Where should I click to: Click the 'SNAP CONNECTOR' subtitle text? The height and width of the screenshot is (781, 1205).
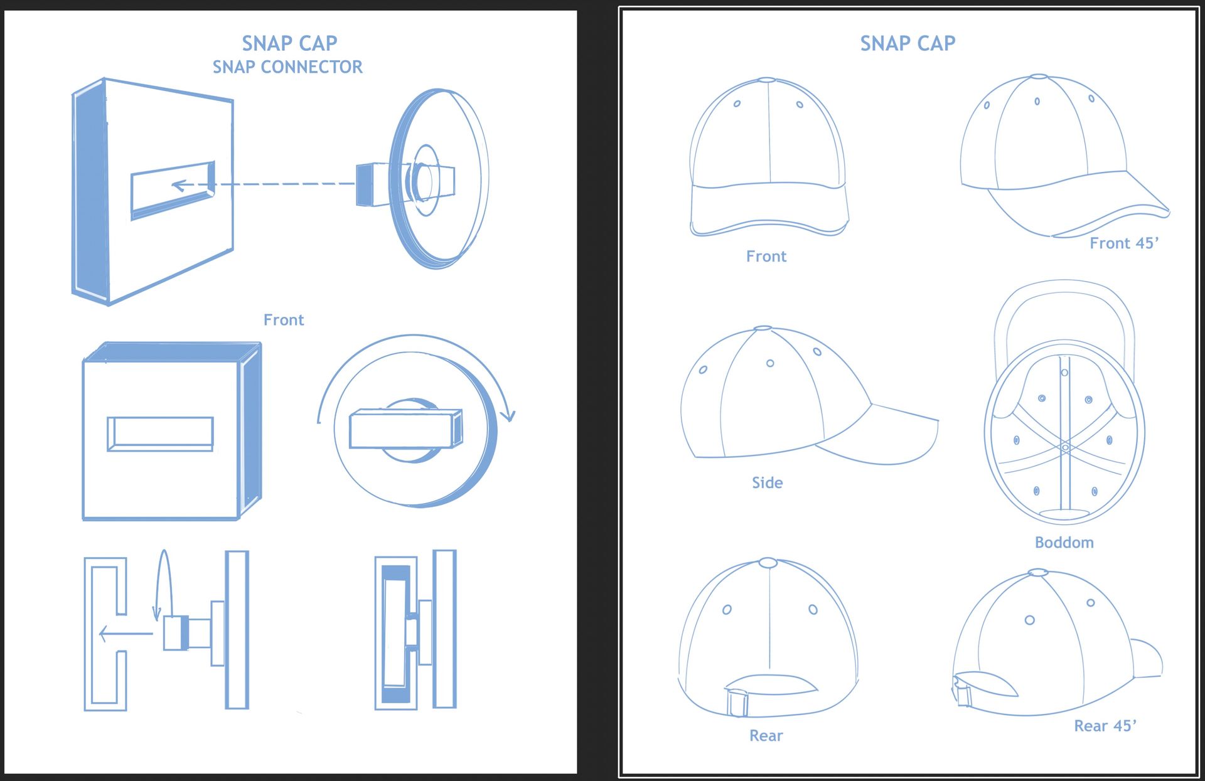(x=287, y=66)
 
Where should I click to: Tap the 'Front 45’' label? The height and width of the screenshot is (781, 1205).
(x=1123, y=243)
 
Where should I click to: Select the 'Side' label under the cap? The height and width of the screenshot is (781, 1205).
(x=767, y=482)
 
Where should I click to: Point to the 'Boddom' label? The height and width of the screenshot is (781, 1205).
(x=1064, y=543)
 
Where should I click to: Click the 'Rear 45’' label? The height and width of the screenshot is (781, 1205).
(x=1105, y=726)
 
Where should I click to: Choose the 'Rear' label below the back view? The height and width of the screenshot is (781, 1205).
(x=766, y=735)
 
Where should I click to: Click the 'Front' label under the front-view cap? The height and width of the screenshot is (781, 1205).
(x=766, y=256)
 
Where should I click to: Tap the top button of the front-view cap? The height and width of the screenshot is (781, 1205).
(x=767, y=80)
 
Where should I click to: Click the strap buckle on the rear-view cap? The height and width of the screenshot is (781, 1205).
(x=737, y=703)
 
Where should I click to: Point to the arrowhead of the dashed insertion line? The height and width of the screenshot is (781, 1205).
(x=178, y=185)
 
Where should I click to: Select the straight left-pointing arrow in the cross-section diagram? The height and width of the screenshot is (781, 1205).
(x=126, y=634)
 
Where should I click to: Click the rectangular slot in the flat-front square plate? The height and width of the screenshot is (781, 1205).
(x=160, y=433)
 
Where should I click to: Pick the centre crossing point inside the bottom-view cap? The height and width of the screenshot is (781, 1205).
(x=1065, y=447)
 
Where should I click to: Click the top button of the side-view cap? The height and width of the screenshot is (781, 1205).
(x=762, y=328)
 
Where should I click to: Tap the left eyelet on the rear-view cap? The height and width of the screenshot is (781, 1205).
(x=727, y=610)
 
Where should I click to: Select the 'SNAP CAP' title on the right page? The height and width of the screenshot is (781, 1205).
(x=908, y=43)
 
